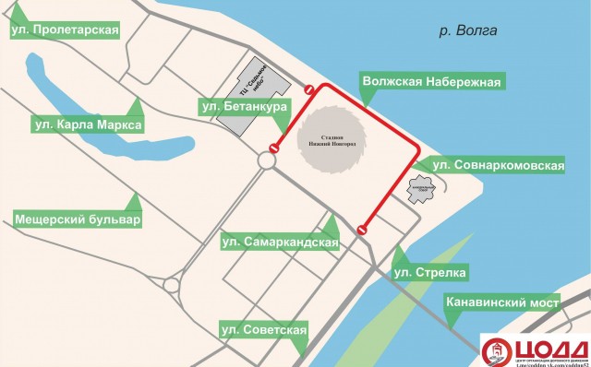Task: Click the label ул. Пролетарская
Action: (65, 30)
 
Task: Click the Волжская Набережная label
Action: (432, 81)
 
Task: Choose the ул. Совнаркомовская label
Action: (498, 165)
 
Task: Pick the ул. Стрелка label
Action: (430, 273)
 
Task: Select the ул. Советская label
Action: (262, 329)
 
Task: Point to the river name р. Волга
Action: (468, 30)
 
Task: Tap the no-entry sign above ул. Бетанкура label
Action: (309, 89)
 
